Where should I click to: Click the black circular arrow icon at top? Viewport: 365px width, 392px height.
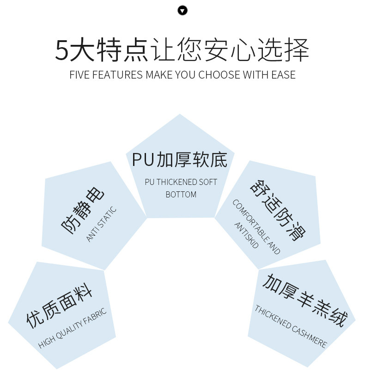[x=182, y=10]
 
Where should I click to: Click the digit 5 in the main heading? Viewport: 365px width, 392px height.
[x=61, y=50]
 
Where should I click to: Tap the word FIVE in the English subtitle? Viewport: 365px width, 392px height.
[x=79, y=75]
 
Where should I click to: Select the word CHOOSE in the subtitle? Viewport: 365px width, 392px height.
[x=218, y=75]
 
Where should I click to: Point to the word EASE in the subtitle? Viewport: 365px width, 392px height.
[x=282, y=75]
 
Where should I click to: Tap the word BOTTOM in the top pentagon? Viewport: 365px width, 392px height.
[x=181, y=195]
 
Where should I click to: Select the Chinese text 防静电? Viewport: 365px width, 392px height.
[x=83, y=211]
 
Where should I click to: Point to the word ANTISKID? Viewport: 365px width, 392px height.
[x=246, y=235]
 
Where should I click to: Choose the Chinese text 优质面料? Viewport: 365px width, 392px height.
[x=59, y=306]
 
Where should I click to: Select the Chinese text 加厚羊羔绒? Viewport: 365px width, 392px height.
[x=304, y=300]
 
